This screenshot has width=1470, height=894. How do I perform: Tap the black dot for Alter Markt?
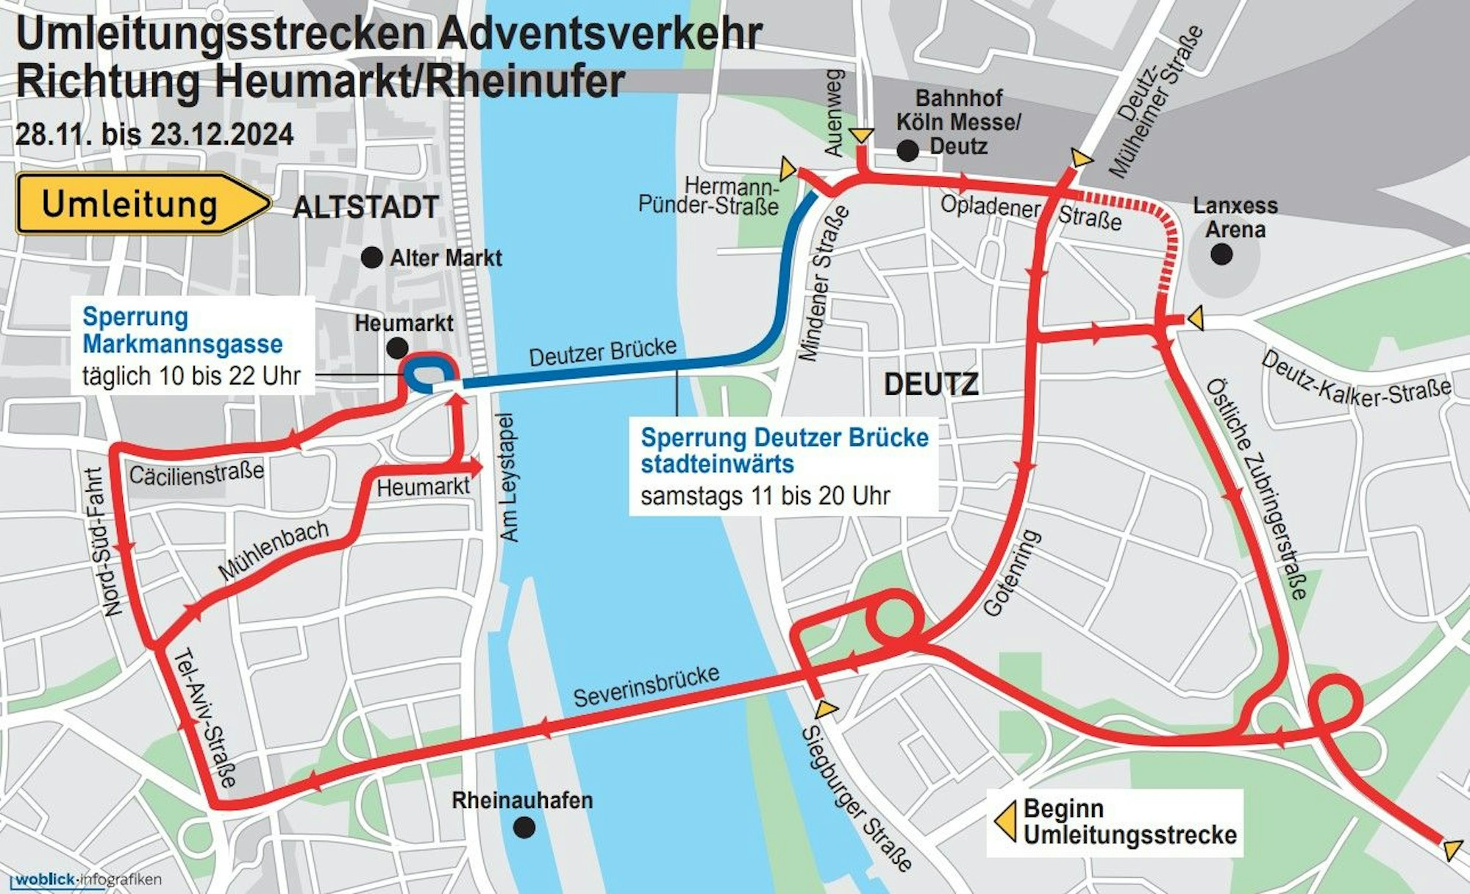[x=371, y=257]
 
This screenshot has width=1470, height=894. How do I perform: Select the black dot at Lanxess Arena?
[x=1221, y=254]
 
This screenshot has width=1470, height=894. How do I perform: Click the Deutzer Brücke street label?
[x=602, y=352]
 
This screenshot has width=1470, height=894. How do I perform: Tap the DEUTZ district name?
[x=931, y=384]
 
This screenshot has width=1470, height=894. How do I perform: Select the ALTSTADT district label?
[x=365, y=207]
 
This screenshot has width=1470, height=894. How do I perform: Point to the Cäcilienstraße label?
[x=196, y=473]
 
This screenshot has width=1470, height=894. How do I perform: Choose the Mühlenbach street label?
[x=273, y=550]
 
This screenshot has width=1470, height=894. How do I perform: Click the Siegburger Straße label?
[x=856, y=798]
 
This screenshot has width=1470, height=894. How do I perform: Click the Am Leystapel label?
[x=509, y=478]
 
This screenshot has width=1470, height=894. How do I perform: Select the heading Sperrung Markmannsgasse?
[x=182, y=330]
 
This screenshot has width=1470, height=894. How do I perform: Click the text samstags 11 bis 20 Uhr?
[x=765, y=496]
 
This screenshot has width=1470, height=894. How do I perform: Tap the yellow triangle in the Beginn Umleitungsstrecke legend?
[x=1005, y=821]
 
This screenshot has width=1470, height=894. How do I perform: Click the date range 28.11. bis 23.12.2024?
[x=154, y=135]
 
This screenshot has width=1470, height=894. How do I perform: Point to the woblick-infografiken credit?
[x=87, y=879]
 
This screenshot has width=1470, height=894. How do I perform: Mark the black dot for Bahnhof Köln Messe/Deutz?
[x=908, y=151]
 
